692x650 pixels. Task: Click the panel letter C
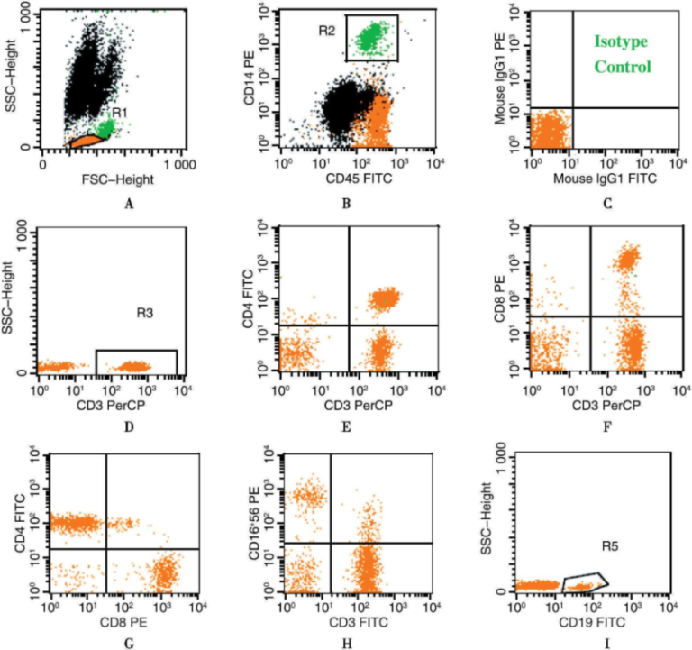609,204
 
